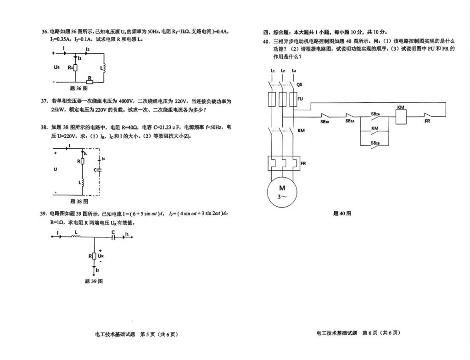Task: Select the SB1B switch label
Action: [x=325, y=122]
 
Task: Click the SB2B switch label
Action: [x=375, y=143]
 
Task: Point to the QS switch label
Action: [x=299, y=84]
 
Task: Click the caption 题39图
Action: [x=94, y=281]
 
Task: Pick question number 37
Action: [x=45, y=101]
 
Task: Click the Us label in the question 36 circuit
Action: [x=57, y=67]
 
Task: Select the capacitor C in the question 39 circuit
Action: [x=113, y=237]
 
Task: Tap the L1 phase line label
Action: [x=273, y=71]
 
